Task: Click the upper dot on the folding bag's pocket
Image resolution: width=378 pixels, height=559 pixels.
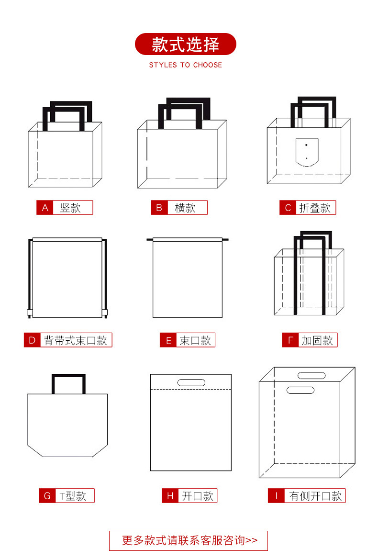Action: coord(306,145)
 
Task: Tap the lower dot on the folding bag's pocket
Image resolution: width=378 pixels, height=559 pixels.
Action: coord(306,158)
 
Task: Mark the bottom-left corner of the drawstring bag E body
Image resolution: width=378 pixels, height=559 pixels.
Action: coord(153,317)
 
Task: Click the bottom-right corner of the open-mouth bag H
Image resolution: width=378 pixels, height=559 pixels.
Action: coord(231,470)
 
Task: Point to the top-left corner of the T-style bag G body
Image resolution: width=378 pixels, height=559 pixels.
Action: coord(28,394)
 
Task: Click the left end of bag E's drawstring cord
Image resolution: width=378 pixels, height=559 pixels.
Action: coord(147,239)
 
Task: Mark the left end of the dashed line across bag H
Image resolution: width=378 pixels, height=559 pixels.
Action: coord(151,389)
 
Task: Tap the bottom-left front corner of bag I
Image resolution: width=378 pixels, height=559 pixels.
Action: coord(259,477)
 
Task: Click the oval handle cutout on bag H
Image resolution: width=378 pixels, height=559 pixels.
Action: coord(191,382)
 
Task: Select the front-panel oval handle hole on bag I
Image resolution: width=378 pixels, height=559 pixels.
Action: coord(300,390)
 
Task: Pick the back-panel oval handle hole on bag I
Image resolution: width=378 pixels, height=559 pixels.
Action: coord(311,375)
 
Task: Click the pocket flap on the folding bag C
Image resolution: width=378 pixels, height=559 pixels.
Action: coord(307,152)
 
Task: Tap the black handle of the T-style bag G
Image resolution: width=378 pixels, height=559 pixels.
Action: coord(68,384)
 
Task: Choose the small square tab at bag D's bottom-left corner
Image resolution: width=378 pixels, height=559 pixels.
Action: coord(30,313)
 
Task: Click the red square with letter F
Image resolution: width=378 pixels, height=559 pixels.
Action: coord(290,340)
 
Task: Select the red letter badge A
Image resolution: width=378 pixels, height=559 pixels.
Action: coord(45,208)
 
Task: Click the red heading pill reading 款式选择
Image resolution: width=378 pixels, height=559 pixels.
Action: coord(186,44)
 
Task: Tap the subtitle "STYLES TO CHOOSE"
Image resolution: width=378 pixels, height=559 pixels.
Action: coord(186,65)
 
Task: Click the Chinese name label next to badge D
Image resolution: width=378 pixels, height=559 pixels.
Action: coord(76,340)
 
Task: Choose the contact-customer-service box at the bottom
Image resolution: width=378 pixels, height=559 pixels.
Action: coord(189,540)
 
